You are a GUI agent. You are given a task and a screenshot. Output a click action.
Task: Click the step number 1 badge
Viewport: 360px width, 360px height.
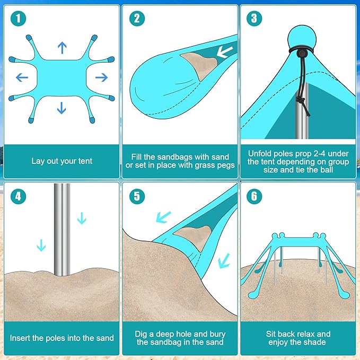pyautogui.click(x=19, y=19)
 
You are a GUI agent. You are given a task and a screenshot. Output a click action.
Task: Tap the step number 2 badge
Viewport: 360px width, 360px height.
pyautogui.click(x=137, y=19)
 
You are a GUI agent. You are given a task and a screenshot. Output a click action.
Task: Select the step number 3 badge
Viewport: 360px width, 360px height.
pyautogui.click(x=254, y=19)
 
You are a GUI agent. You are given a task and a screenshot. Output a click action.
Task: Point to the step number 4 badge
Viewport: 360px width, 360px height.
pyautogui.click(x=19, y=196)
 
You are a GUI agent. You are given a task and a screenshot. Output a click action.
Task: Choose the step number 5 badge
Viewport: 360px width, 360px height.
pyautogui.click(x=137, y=196)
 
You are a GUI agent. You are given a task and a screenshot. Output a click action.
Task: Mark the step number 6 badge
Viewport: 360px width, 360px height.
pyautogui.click(x=254, y=196)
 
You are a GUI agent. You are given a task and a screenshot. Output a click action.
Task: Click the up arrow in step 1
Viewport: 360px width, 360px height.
pyautogui.click(x=62, y=48)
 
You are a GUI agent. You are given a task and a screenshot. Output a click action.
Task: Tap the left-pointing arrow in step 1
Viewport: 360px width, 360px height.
pyautogui.click(x=22, y=78)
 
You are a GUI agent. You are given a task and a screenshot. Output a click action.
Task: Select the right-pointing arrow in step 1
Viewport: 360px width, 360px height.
pyautogui.click(x=101, y=78)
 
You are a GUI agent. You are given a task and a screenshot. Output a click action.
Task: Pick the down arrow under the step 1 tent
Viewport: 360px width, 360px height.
pyautogui.click(x=62, y=108)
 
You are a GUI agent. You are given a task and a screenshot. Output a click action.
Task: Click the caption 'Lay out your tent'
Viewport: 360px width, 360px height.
pyautogui.click(x=62, y=161)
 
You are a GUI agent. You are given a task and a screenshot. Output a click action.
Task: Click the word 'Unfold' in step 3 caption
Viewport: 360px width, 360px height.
pyautogui.click(x=260, y=153)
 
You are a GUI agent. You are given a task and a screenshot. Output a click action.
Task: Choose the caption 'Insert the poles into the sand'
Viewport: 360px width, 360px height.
pyautogui.click(x=62, y=338)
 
